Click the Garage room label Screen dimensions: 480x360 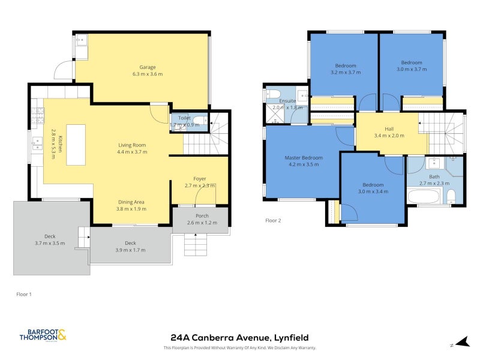tap(148, 67)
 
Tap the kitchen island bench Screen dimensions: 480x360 tap(76, 145)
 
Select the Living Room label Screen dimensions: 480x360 tap(132, 145)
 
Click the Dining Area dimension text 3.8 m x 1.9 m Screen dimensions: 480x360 tap(131, 209)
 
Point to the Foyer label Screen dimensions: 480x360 tap(200, 179)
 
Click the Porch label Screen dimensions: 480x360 tap(202, 216)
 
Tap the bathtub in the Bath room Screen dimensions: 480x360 tap(424, 196)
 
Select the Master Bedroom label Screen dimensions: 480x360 tap(304, 158)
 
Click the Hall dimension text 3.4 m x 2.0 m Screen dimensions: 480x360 tap(389, 136)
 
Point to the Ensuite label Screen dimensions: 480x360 tap(287, 101)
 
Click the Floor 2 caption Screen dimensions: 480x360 tap(273, 220)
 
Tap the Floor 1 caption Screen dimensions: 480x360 tap(24, 294)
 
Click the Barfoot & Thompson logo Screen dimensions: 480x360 tap(43, 335)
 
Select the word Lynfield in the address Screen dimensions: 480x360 tap(291, 338)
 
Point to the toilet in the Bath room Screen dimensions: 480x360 tap(451, 197)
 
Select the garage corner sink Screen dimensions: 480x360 tap(82, 40)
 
